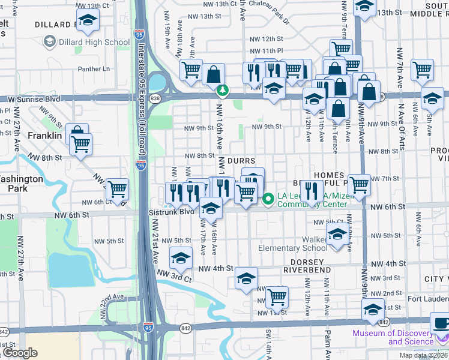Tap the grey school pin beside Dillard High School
[49, 42]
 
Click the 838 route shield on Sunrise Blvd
[156, 97]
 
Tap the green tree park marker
[223, 90]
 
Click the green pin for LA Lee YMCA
[267, 197]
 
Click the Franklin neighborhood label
[44, 136]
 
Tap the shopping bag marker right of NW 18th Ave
[213, 74]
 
